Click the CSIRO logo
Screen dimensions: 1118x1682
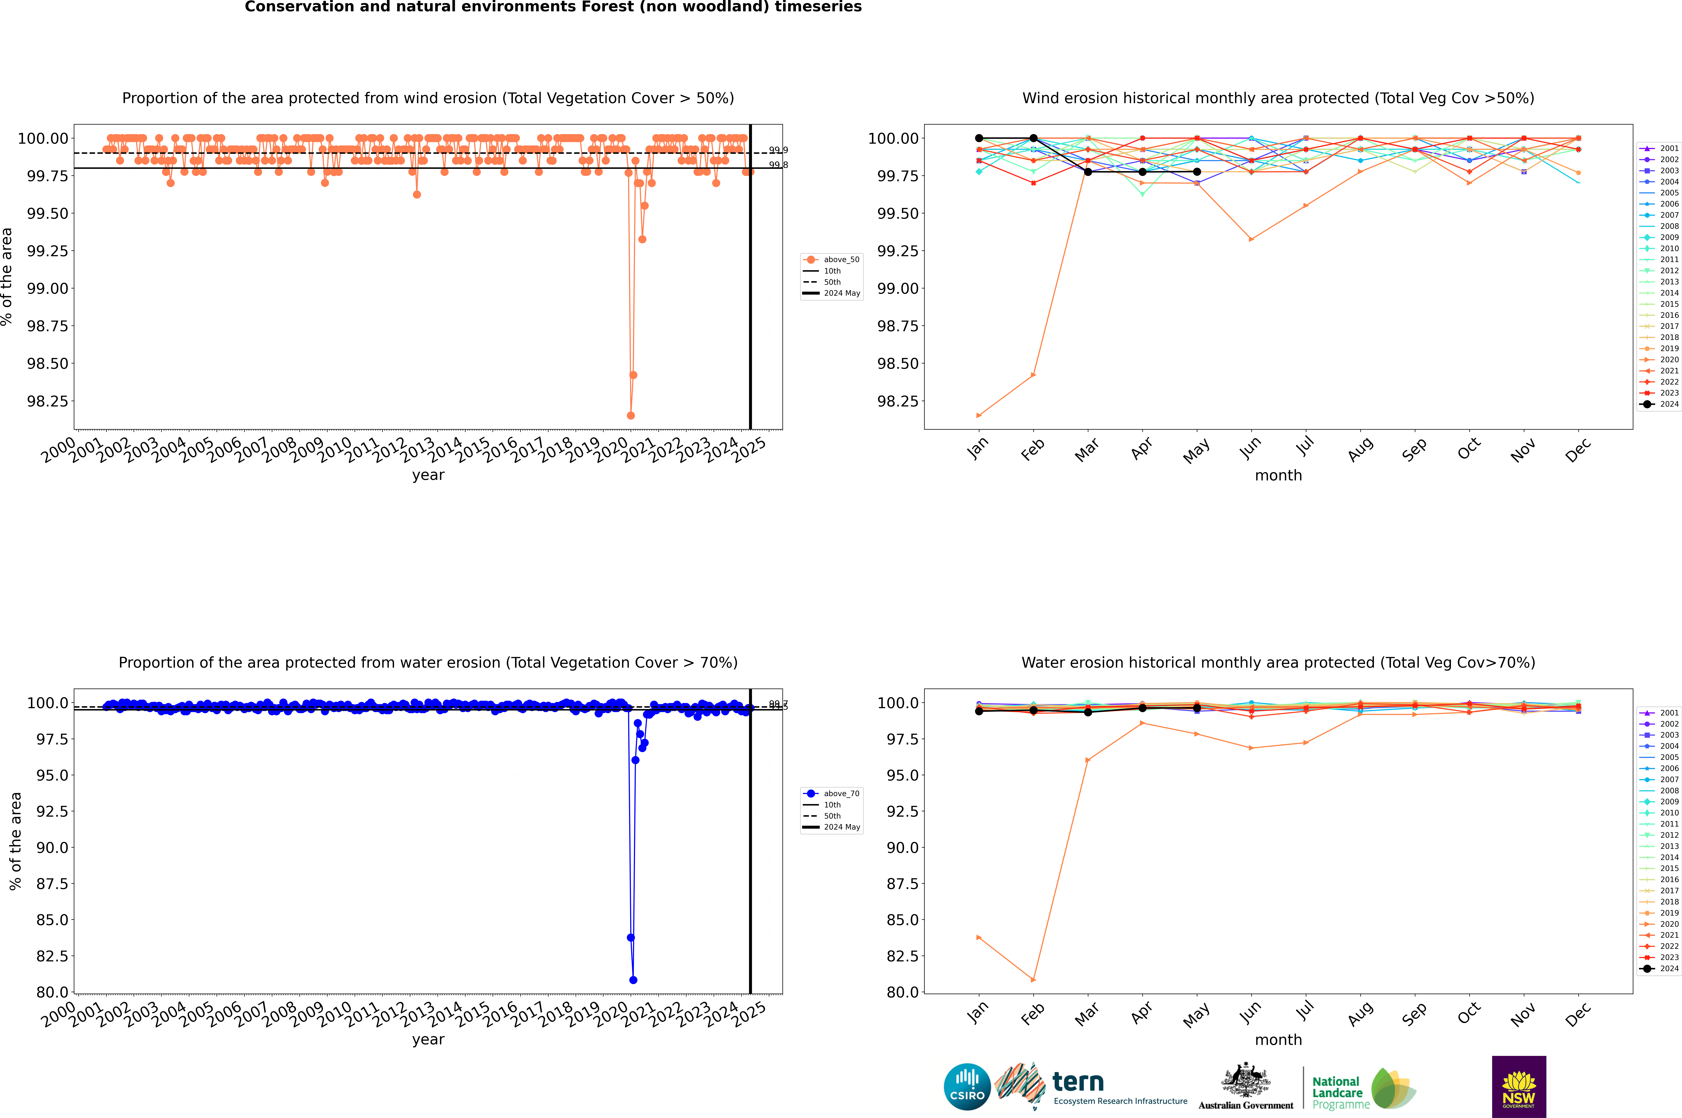tap(967, 1087)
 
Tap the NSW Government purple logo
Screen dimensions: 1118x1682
tap(1519, 1087)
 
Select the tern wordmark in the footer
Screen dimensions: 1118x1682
tap(1078, 1082)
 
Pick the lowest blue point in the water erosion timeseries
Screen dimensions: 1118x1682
tap(633, 980)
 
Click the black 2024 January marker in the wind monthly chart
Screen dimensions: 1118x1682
tap(979, 138)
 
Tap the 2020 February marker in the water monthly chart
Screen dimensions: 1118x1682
tap(1033, 980)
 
